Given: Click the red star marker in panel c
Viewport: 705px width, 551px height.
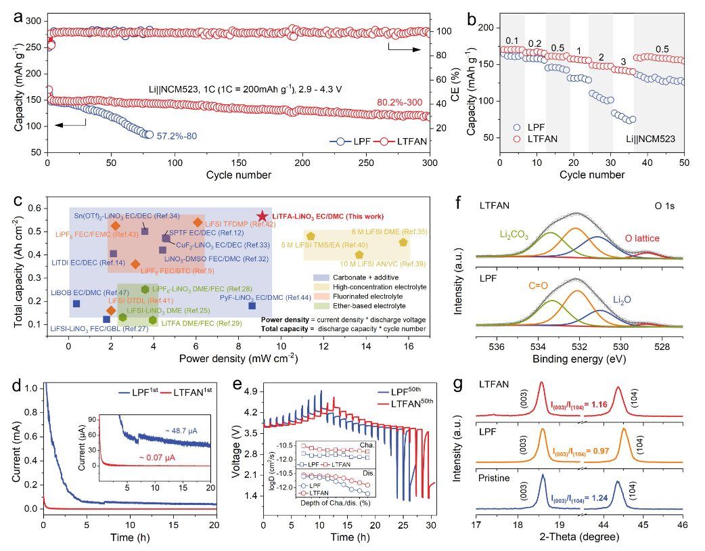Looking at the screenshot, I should tap(263, 215).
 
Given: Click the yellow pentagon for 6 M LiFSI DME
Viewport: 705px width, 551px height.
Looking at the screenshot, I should tap(404, 242).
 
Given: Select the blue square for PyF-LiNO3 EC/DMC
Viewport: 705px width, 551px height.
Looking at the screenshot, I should tap(252, 305).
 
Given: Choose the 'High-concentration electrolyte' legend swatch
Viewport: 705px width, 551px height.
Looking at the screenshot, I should tap(319, 287).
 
